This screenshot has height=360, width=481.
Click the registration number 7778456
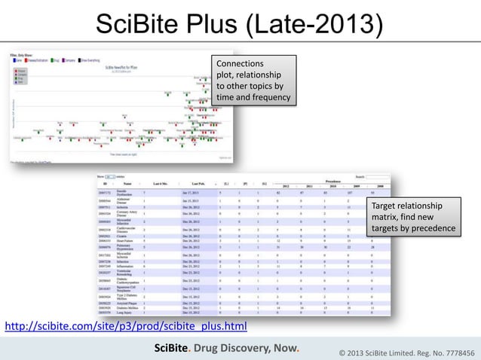click(x=453, y=350)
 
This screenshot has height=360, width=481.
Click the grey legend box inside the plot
click(x=20, y=75)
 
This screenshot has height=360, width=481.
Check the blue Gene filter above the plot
click(x=15, y=59)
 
